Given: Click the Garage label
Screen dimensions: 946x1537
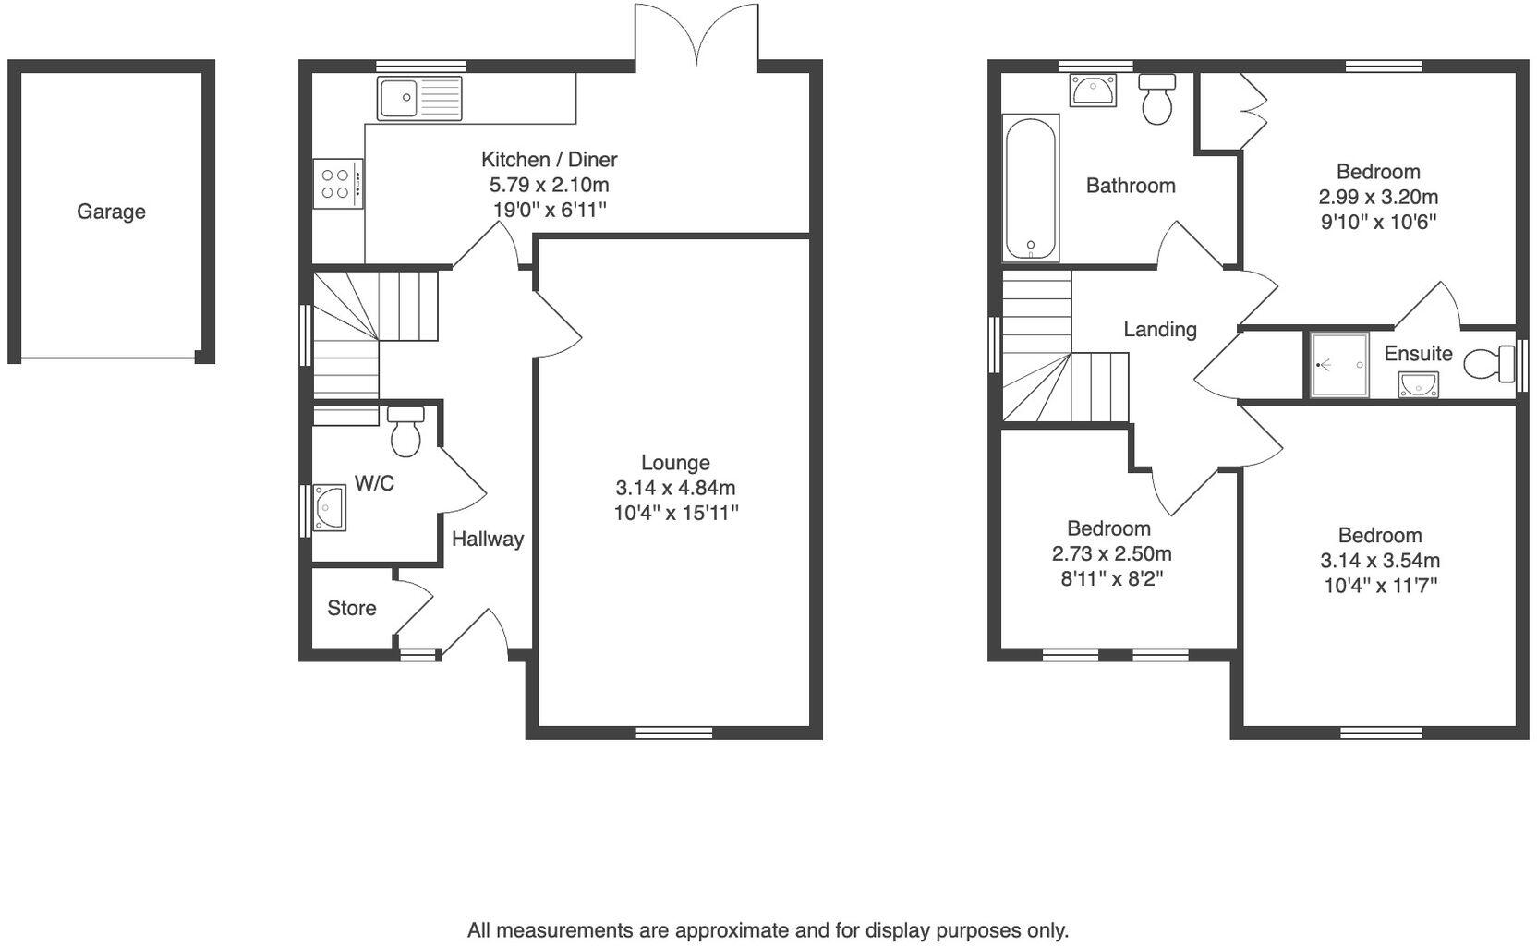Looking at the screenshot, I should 111,212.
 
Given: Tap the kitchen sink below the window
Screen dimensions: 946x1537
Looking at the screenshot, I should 418,98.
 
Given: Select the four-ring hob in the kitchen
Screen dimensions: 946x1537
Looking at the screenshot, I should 337,183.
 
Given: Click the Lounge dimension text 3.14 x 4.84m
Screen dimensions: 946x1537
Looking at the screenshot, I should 675,488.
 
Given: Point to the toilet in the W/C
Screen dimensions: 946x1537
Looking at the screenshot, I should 405,432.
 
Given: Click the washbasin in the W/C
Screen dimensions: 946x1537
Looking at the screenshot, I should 329,507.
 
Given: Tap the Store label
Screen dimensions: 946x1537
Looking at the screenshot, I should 352,608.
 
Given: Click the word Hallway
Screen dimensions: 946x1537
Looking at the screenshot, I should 487,539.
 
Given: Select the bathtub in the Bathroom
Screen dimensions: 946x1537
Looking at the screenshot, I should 1030,188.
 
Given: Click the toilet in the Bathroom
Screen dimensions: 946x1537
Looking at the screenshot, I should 1156,100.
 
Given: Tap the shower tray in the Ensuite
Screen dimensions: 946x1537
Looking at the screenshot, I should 1338,365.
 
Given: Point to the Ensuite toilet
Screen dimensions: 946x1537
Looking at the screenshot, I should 1485,364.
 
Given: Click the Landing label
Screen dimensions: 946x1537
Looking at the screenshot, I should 1159,329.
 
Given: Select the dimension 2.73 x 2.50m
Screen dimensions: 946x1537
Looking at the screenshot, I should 1111,554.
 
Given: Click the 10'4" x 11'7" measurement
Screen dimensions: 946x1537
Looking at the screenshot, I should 1379,586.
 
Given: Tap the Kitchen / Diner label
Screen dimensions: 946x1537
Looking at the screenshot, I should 549,159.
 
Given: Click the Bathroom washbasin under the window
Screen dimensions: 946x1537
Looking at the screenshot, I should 1093,91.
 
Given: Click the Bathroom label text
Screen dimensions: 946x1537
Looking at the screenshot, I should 1130,186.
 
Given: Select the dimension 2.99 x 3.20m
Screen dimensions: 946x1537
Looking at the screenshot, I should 1377,197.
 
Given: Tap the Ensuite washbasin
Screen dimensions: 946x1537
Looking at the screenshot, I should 1418,383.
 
